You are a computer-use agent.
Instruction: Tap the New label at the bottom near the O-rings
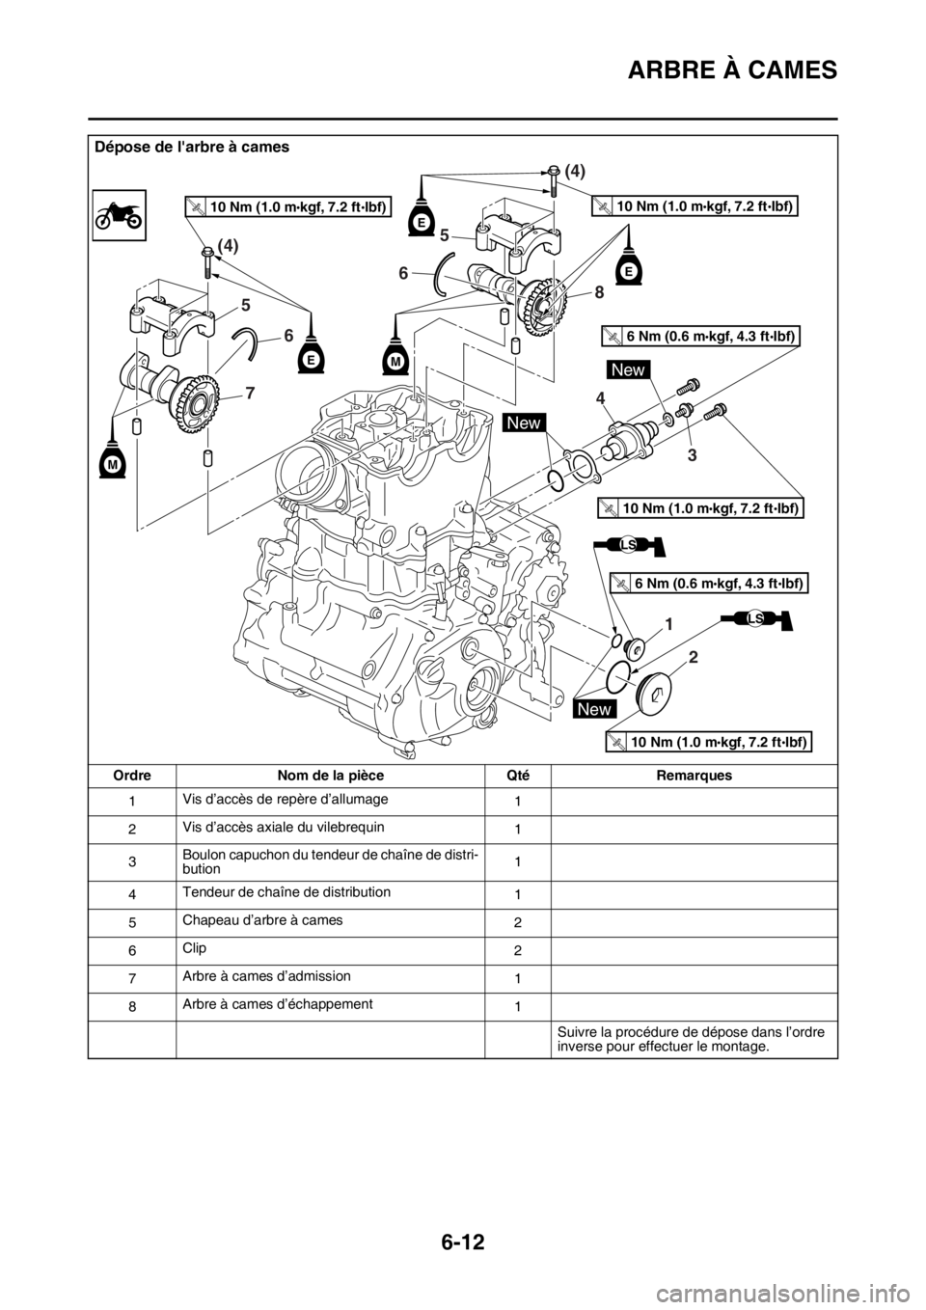point(595,709)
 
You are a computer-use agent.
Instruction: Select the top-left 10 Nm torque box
point(288,205)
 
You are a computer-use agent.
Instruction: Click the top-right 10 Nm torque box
point(696,205)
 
